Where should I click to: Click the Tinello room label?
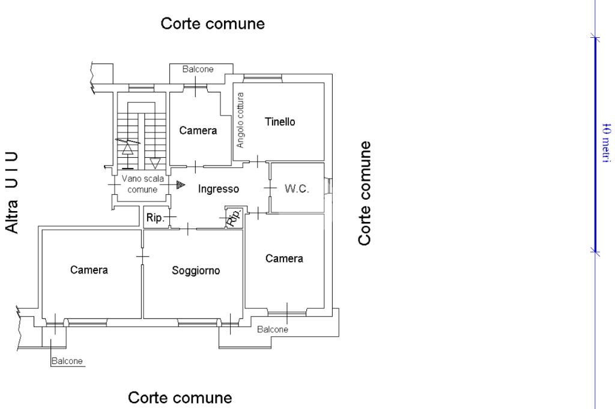pos(280,122)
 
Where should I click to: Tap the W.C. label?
pos(296,188)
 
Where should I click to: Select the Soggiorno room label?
pos(196,270)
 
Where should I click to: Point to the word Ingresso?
pos(219,189)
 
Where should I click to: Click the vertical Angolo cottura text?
pos(240,120)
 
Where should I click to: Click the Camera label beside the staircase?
pos(198,130)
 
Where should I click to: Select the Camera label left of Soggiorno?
pos(89,270)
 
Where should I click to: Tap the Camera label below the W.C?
pos(284,258)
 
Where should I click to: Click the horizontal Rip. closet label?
pos(155,218)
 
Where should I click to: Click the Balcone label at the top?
pos(198,70)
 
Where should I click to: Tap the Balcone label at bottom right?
pos(273,329)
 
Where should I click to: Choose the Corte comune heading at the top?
pos(213,24)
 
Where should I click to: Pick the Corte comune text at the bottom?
pos(180,398)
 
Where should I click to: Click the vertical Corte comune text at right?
pos(365,194)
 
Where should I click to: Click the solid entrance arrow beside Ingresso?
pos(180,185)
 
